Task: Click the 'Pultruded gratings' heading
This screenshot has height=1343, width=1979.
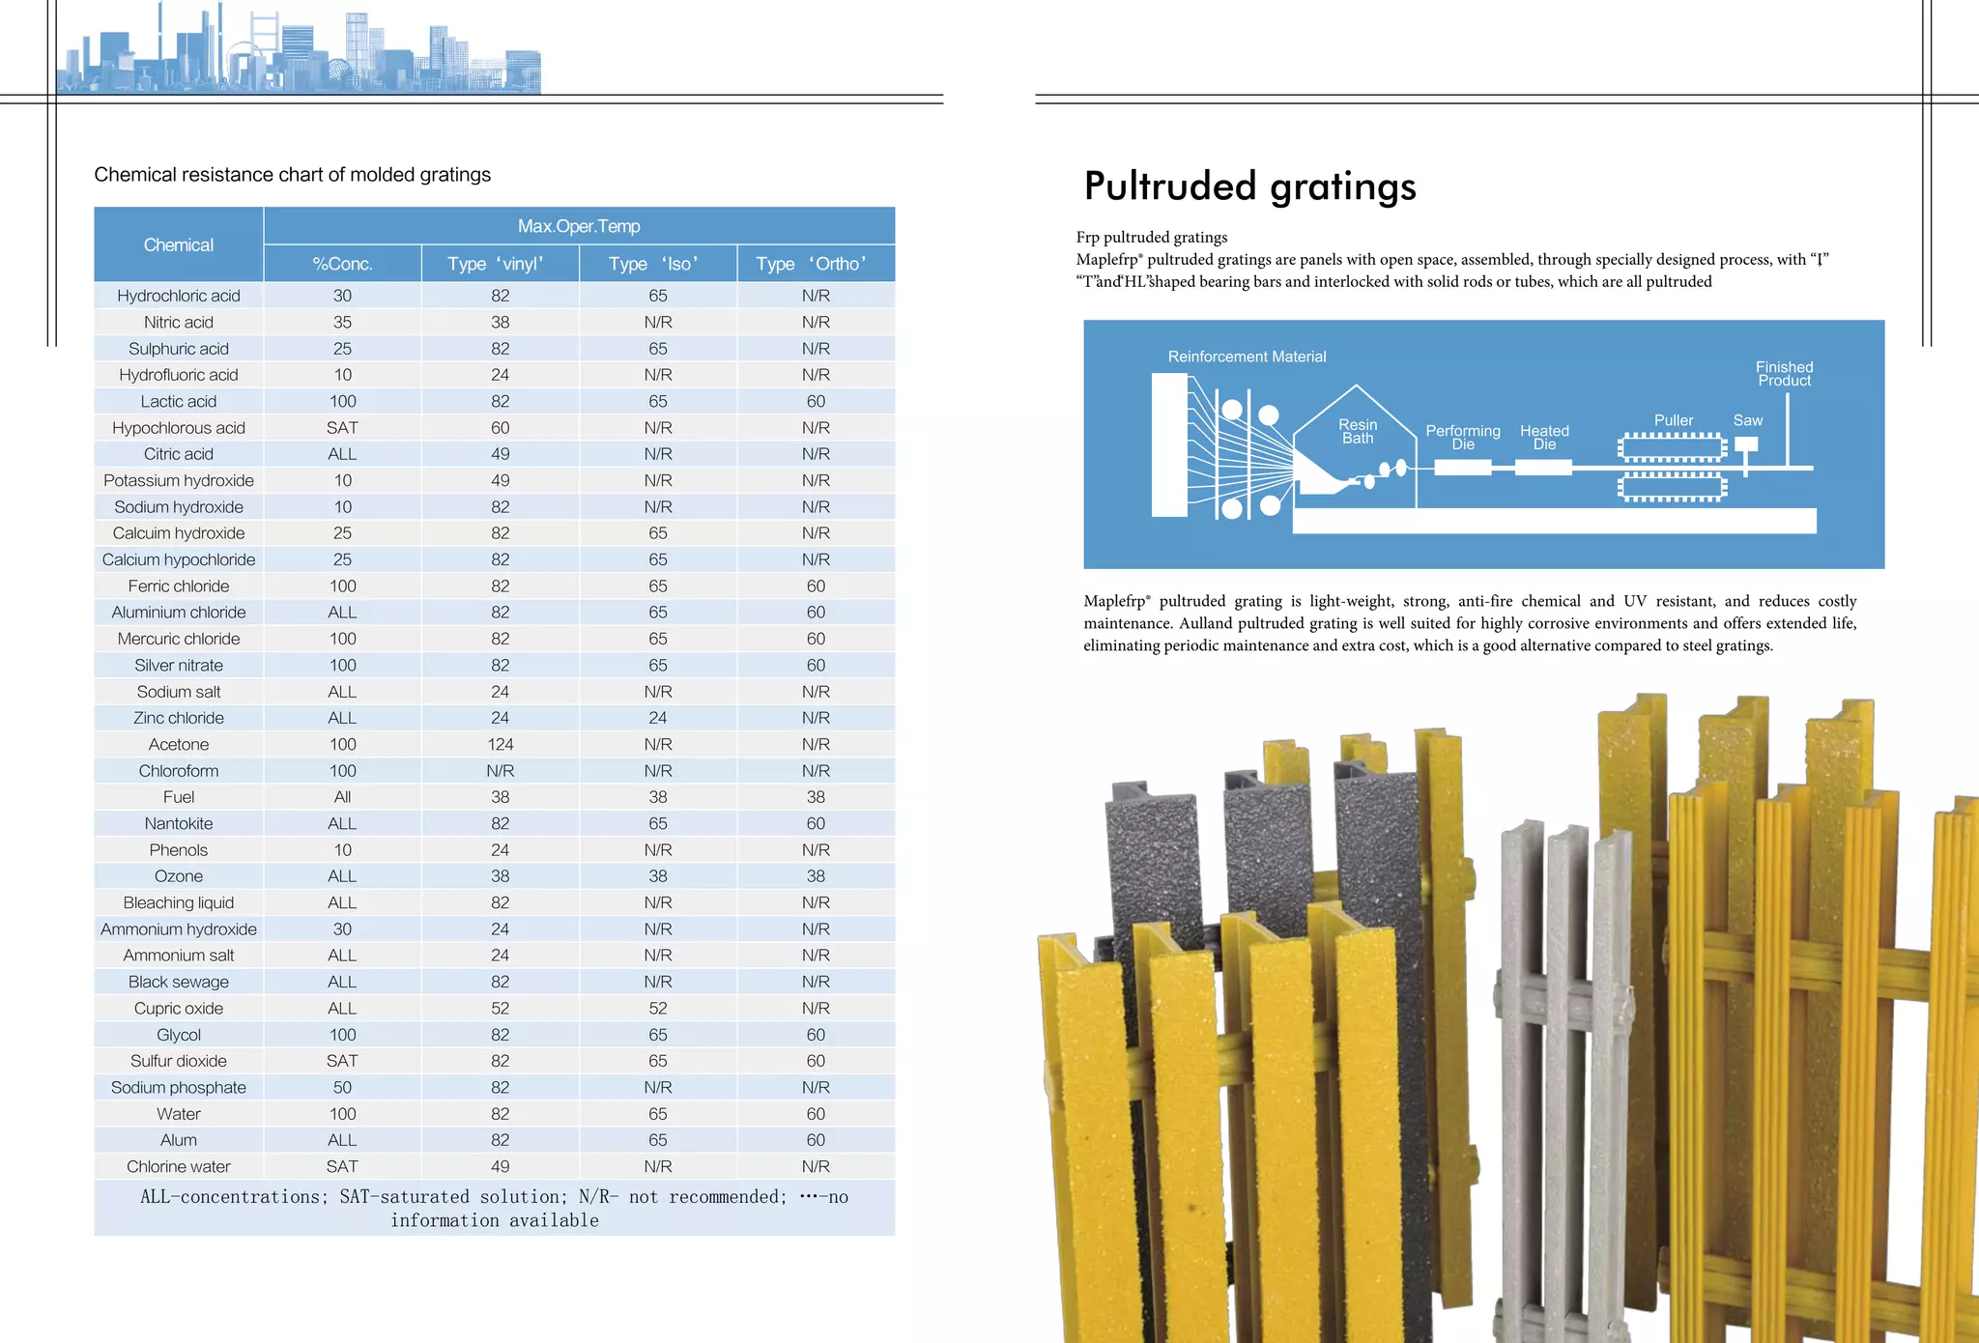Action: click(x=1249, y=186)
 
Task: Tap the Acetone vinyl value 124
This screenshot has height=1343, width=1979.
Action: click(x=500, y=744)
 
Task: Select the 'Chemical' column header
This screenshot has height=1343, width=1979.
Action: click(x=179, y=244)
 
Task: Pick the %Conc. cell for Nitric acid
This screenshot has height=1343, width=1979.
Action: click(x=342, y=322)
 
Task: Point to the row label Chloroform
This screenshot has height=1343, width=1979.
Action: click(x=179, y=771)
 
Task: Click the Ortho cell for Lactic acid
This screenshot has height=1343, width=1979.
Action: click(x=816, y=401)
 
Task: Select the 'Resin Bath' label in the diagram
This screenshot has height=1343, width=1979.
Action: click(x=1358, y=431)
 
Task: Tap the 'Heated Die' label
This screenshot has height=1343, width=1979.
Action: click(x=1544, y=437)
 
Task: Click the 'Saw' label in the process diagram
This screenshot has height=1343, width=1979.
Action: click(x=1747, y=420)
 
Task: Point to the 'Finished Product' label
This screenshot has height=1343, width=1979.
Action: click(x=1784, y=374)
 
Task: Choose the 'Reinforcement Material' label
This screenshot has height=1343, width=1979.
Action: click(x=1247, y=357)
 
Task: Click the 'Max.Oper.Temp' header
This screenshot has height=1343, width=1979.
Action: click(x=579, y=226)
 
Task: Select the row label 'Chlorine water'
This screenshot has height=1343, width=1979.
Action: click(x=179, y=1166)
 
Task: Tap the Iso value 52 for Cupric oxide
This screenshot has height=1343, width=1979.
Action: click(x=658, y=1008)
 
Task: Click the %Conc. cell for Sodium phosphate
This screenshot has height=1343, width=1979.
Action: click(x=342, y=1087)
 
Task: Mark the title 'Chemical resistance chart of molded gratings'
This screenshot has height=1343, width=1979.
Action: click(x=292, y=175)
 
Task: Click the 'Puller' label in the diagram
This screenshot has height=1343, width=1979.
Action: click(x=1674, y=420)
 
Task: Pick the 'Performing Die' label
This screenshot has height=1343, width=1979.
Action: click(x=1463, y=437)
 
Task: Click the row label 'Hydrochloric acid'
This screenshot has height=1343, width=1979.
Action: click(x=179, y=296)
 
